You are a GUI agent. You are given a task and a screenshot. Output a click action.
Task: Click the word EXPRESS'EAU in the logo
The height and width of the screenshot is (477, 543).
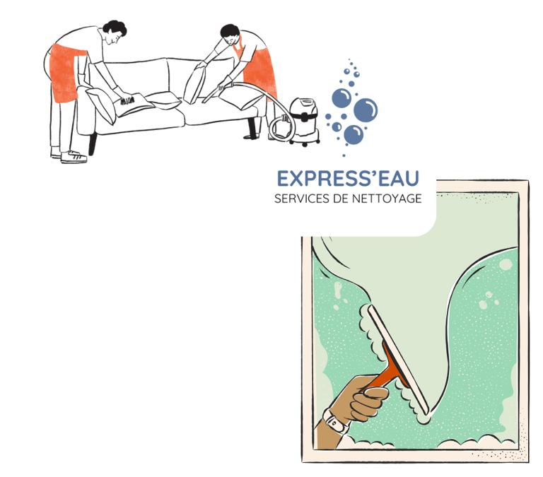[x=348, y=179]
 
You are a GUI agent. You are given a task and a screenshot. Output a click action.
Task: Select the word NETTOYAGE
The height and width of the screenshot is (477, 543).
[x=387, y=199]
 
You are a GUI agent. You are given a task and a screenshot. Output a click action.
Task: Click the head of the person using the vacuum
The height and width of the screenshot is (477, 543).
[x=230, y=34]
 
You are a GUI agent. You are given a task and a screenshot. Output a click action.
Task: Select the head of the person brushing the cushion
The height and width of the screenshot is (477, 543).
[x=115, y=31]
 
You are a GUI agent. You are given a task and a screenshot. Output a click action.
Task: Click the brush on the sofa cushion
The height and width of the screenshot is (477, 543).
[x=127, y=101]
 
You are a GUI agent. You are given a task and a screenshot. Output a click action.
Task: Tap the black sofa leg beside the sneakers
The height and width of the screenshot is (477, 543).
[x=92, y=144]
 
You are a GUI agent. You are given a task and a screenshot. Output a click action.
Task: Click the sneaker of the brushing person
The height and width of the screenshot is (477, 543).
[x=74, y=157]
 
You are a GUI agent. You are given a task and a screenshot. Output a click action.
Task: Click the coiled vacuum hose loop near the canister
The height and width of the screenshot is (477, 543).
[x=281, y=128]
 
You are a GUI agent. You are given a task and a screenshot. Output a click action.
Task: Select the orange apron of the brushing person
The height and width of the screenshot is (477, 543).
[x=65, y=73]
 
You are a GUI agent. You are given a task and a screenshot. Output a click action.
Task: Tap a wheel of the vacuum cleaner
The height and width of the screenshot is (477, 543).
[x=305, y=143]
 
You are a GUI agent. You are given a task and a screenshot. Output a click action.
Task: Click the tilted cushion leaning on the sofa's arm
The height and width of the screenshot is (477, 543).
[x=100, y=105]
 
